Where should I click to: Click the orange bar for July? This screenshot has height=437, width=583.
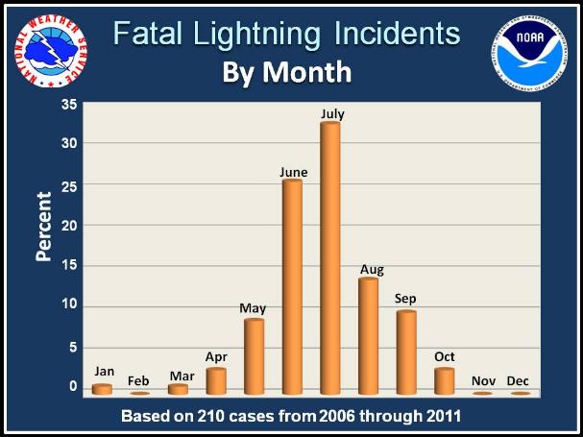click(x=330, y=259)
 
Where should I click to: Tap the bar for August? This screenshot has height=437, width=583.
click(x=368, y=336)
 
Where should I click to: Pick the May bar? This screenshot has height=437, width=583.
click(x=254, y=356)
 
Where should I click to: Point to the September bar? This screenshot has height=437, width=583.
click(x=405, y=352)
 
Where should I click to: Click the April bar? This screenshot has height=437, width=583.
click(x=216, y=381)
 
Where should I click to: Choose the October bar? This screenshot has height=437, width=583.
click(x=443, y=381)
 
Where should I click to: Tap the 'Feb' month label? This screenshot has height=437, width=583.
click(x=139, y=380)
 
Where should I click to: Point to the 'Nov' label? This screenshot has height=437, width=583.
click(x=481, y=380)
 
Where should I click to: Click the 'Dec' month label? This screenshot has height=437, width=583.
click(x=519, y=380)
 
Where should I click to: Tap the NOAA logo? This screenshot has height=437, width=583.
click(x=532, y=47)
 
